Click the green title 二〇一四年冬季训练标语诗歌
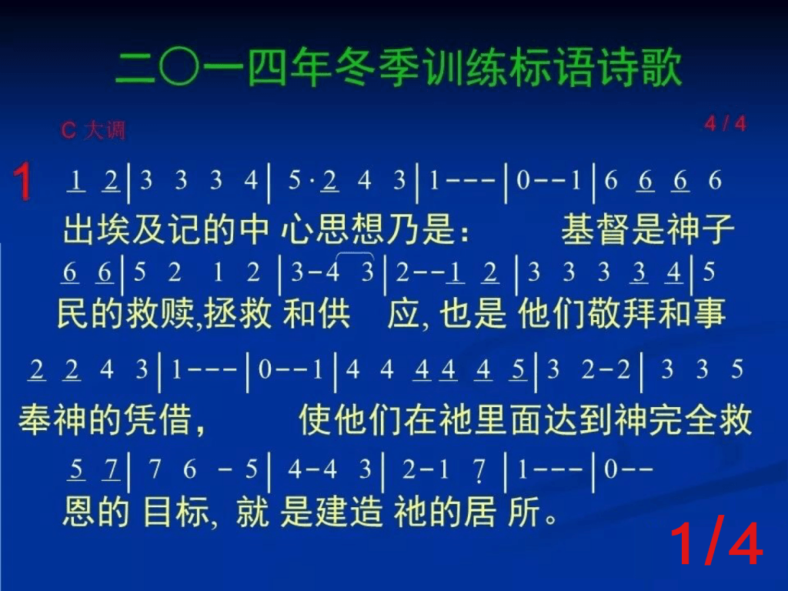[399, 68]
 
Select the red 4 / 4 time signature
[725, 124]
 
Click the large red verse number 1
[22, 182]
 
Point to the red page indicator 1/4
[716, 544]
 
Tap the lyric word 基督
[596, 229]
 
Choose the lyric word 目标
[176, 512]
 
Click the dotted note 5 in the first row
[295, 180]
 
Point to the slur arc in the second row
[354, 253]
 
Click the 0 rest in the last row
[610, 469]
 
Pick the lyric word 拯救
[238, 313]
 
